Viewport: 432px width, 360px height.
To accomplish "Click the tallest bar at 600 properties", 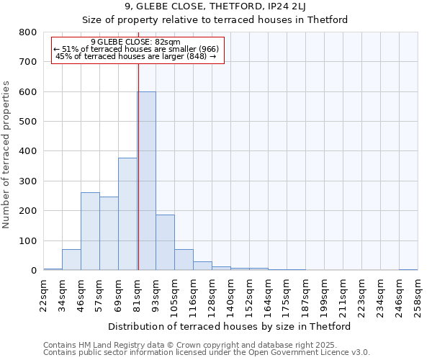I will [146, 181].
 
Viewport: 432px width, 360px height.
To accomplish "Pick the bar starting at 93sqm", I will [165, 242].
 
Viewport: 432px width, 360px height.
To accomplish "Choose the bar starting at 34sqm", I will [71, 260].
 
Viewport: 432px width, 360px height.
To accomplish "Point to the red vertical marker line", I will [138, 166].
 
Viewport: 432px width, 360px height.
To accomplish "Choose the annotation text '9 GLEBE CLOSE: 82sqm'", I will [136, 42].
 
